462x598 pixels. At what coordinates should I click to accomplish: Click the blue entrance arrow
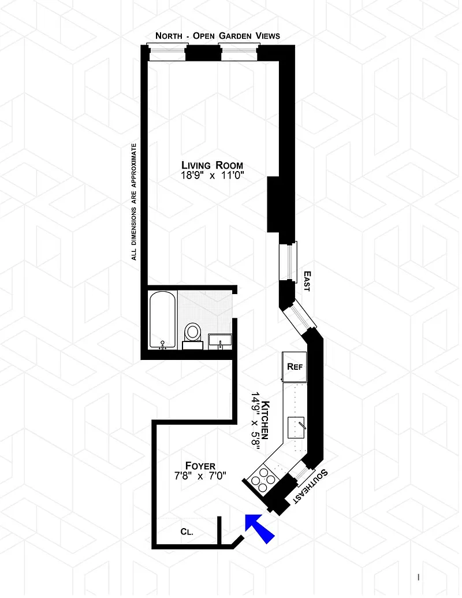pos(259,527)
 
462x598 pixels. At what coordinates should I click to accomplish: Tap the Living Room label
pos(212,165)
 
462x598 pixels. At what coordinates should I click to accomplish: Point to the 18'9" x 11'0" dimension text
pos(212,176)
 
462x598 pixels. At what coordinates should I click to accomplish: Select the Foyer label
pos(200,466)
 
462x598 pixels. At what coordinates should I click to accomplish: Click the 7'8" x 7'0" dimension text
pos(200,476)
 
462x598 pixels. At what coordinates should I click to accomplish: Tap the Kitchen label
pos(265,420)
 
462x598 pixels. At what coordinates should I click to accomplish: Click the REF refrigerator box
pos(295,366)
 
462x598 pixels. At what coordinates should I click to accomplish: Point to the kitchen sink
pos(297,428)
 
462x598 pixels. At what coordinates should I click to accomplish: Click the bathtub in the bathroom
pos(162,320)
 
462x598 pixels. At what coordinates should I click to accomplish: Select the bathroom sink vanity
pos(220,341)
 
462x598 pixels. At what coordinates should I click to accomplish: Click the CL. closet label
pos(187,532)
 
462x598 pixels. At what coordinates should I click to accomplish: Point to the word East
pos(307,281)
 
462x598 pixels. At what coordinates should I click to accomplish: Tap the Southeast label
pos(311,486)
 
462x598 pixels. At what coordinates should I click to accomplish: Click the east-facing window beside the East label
pos(289,262)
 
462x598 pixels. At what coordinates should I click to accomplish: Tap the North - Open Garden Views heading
pos(218,36)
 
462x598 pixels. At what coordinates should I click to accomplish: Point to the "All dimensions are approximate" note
pos(133,202)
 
